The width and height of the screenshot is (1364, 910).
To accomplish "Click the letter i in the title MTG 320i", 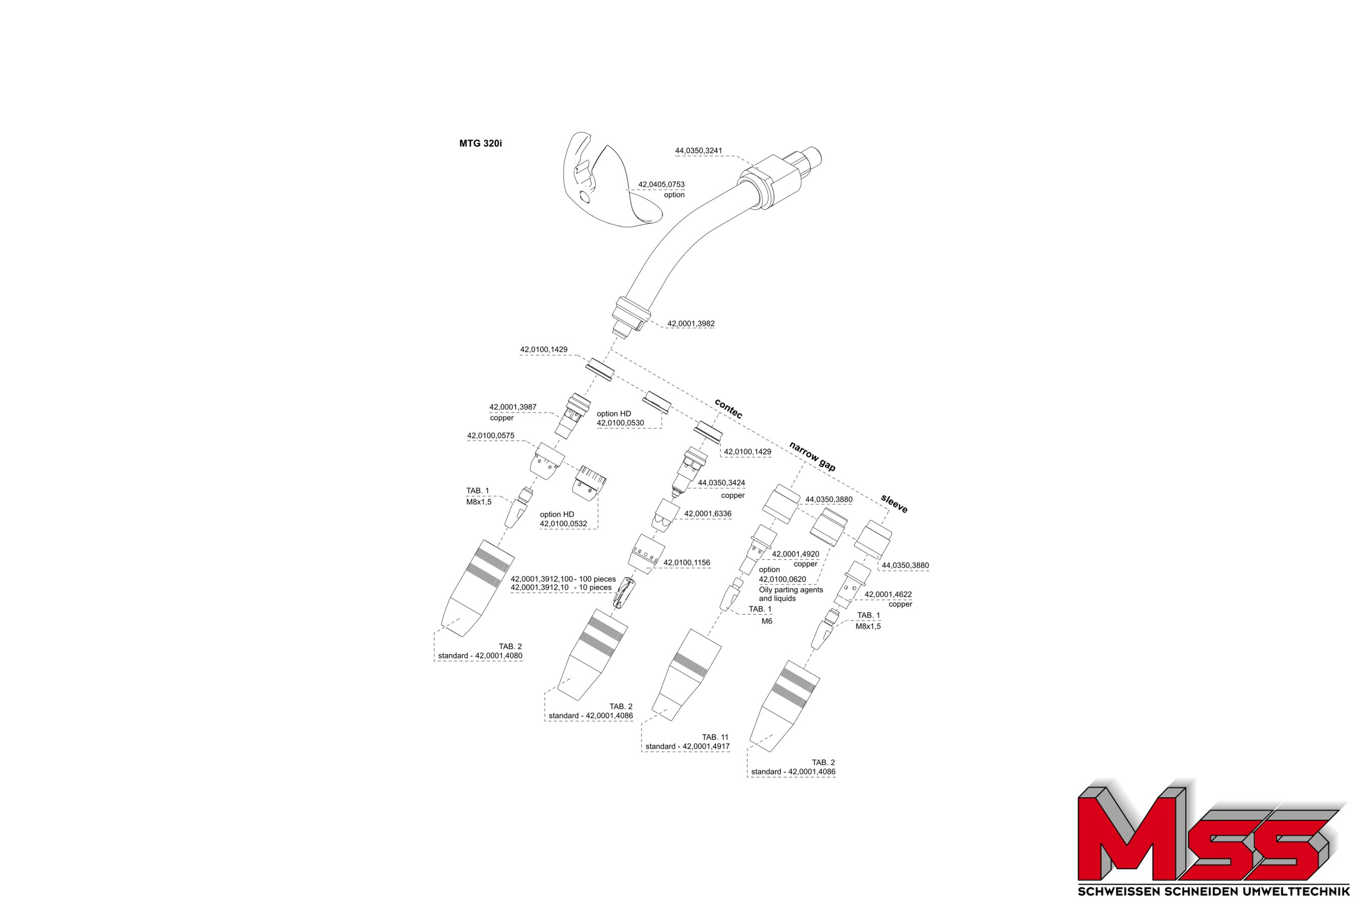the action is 500,144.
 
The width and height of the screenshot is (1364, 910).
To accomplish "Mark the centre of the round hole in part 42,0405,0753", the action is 585,198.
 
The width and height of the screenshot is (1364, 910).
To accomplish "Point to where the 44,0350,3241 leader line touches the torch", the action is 756,169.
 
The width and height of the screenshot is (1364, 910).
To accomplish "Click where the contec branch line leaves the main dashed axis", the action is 611,350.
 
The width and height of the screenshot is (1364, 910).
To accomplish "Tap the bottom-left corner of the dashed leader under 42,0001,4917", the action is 642,752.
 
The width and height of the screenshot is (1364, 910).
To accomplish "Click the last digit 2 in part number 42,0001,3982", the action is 712,324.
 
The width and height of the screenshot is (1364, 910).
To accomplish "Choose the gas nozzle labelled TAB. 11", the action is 686,674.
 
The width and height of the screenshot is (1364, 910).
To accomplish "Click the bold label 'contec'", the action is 728,408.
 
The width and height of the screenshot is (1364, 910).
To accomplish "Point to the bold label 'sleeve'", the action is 894,503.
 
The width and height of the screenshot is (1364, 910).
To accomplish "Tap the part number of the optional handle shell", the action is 661,185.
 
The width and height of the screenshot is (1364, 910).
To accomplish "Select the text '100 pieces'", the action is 597,579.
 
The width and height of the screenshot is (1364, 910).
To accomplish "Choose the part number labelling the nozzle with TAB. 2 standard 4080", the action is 499,656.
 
